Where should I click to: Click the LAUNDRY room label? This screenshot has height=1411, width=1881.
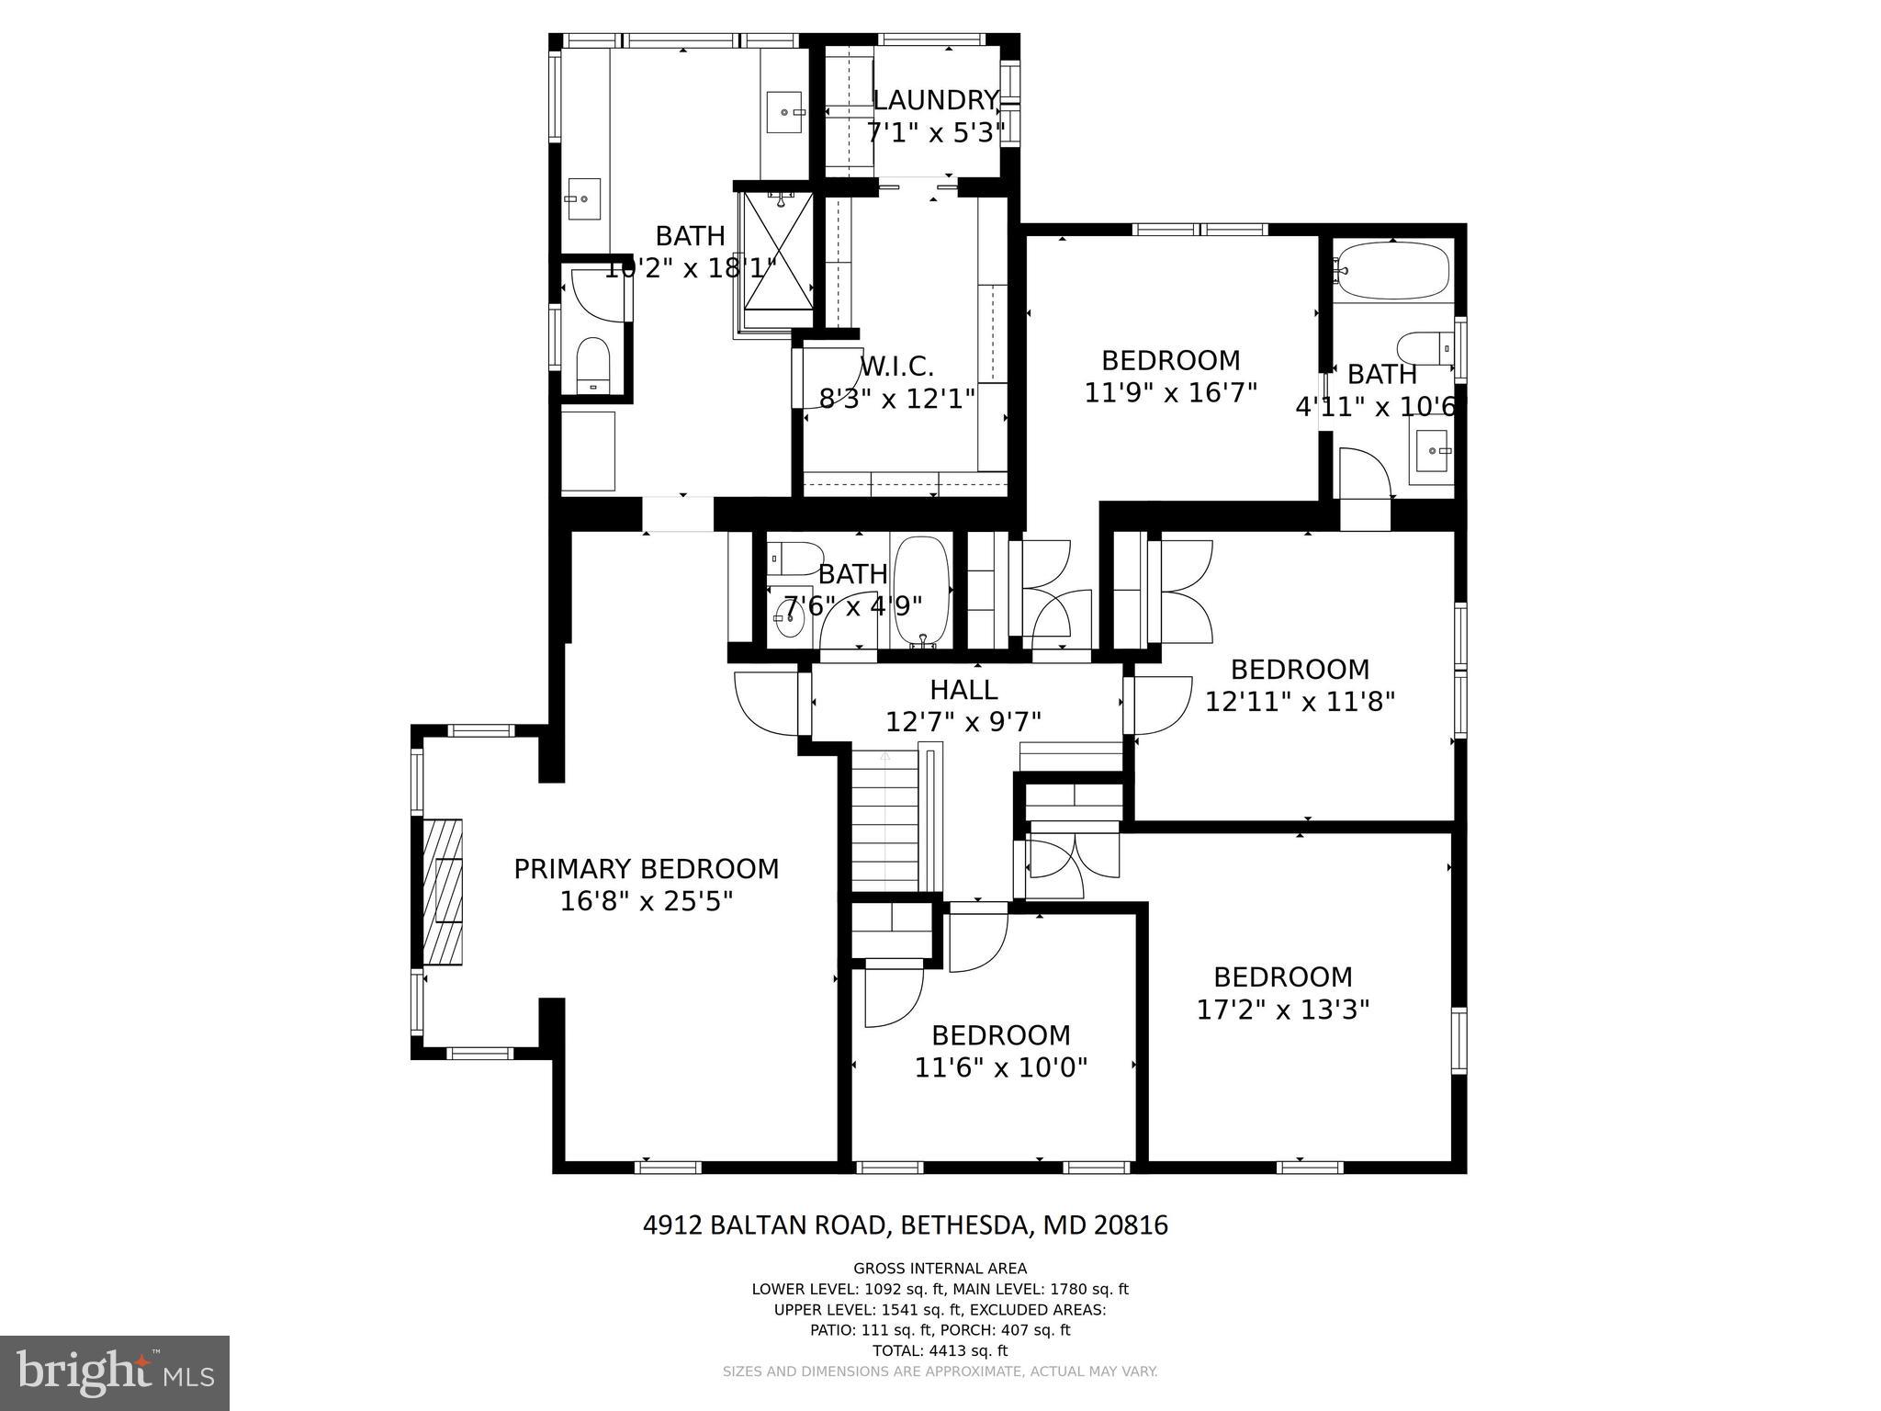935,100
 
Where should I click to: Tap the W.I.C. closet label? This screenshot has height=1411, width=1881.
896,367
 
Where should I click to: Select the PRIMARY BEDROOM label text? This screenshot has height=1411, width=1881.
646,869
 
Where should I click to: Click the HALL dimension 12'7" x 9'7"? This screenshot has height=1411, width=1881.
963,722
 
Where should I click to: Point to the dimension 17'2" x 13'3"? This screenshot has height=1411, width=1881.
1282,1010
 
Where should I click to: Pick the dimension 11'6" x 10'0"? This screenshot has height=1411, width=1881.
1000,1067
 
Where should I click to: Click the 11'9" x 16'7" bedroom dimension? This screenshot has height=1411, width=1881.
1170,392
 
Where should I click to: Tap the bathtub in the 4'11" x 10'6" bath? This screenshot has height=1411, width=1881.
1391,271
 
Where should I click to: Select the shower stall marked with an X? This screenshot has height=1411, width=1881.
777,250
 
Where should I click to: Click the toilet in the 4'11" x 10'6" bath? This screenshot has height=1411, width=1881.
1421,349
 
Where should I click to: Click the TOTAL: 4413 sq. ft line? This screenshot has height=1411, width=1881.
940,1350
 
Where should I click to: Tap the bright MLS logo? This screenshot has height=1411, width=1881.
115,1372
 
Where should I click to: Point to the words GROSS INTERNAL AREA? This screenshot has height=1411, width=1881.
940,1269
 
